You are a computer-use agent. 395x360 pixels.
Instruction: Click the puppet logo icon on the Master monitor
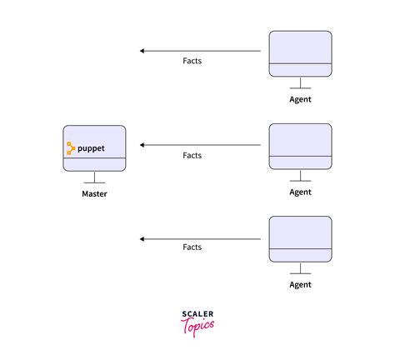pyautogui.click(x=71, y=148)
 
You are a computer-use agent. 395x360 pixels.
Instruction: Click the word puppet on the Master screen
pyautogui.click(x=91, y=148)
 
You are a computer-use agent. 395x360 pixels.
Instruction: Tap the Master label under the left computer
pyautogui.click(x=94, y=194)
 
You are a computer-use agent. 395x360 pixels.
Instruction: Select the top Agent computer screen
pyautogui.click(x=300, y=47)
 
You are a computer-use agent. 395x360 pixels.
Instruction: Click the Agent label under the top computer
pyautogui.click(x=300, y=99)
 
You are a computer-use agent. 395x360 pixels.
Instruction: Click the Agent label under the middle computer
pyautogui.click(x=300, y=192)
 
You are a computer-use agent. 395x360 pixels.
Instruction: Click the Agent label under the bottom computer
pyautogui.click(x=300, y=285)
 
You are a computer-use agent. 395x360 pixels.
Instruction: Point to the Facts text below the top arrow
pyautogui.click(x=192, y=61)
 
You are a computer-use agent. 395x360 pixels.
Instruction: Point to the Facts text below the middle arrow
pyautogui.click(x=192, y=155)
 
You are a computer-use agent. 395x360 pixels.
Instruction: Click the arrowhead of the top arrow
pyautogui.click(x=142, y=51)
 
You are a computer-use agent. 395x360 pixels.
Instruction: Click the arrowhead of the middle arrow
pyautogui.click(x=142, y=145)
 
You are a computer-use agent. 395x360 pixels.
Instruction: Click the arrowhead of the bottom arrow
pyautogui.click(x=142, y=238)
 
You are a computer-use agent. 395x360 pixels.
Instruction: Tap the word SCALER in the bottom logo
pyautogui.click(x=197, y=315)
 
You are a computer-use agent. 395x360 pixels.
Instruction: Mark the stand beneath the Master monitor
pyautogui.click(x=94, y=179)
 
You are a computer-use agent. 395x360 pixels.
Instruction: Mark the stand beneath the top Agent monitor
pyautogui.click(x=300, y=84)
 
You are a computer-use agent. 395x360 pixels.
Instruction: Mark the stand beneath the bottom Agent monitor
pyautogui.click(x=300, y=270)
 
